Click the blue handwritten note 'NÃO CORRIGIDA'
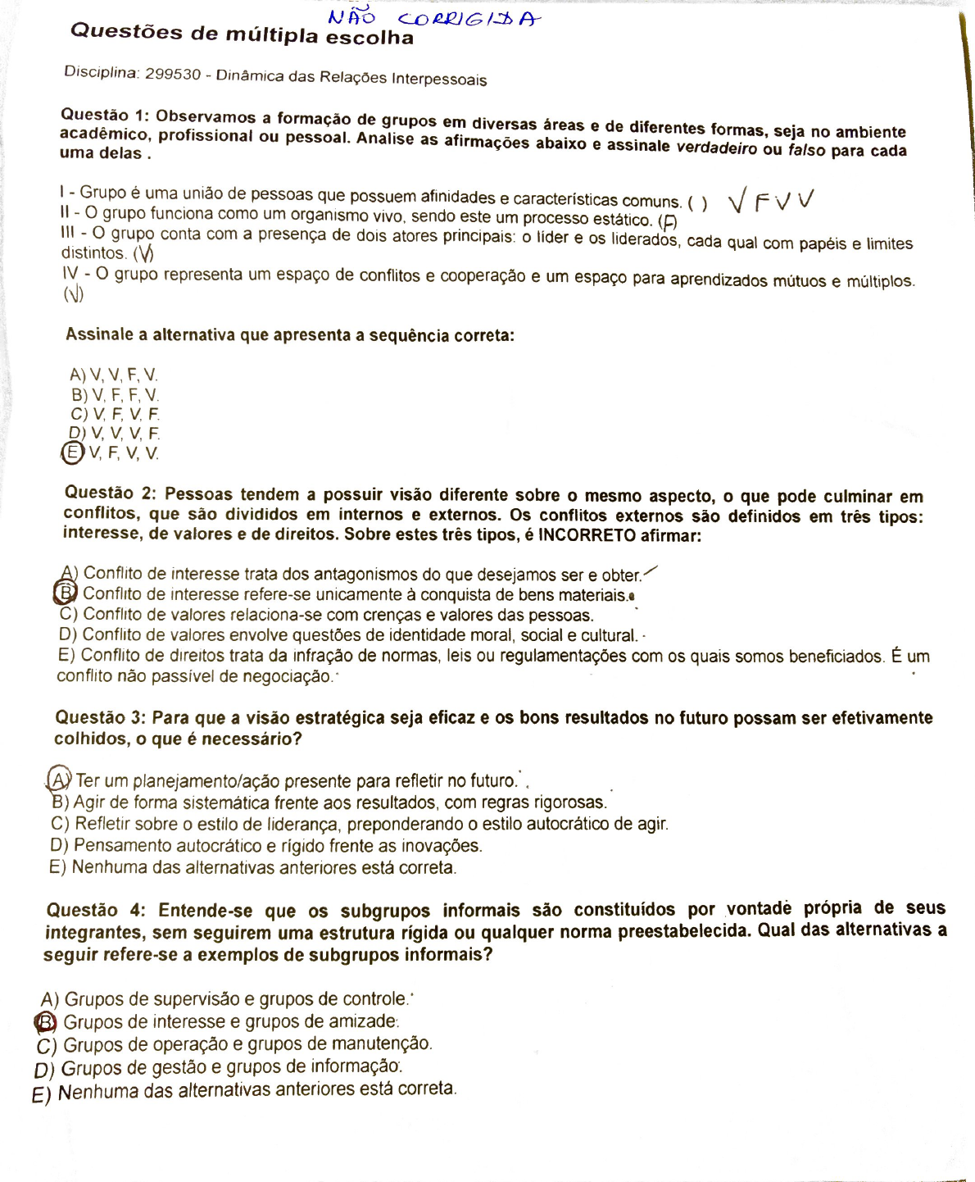tap(433, 18)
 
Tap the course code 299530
tap(173, 74)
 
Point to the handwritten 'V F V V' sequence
tap(771, 200)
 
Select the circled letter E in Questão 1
tap(73, 452)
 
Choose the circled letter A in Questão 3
tap(59, 777)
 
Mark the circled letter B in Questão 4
tap(46, 1021)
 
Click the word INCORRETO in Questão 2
tap(587, 535)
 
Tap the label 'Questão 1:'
tap(105, 115)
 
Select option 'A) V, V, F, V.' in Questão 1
tap(114, 375)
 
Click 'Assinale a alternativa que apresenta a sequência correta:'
tap(289, 334)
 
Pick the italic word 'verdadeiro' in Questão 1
tap(716, 148)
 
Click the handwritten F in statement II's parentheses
tap(669, 221)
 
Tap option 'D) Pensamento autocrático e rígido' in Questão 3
tap(265, 845)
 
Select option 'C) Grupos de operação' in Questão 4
tap(234, 1044)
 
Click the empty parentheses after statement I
tap(697, 202)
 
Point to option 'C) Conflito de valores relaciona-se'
tap(326, 615)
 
